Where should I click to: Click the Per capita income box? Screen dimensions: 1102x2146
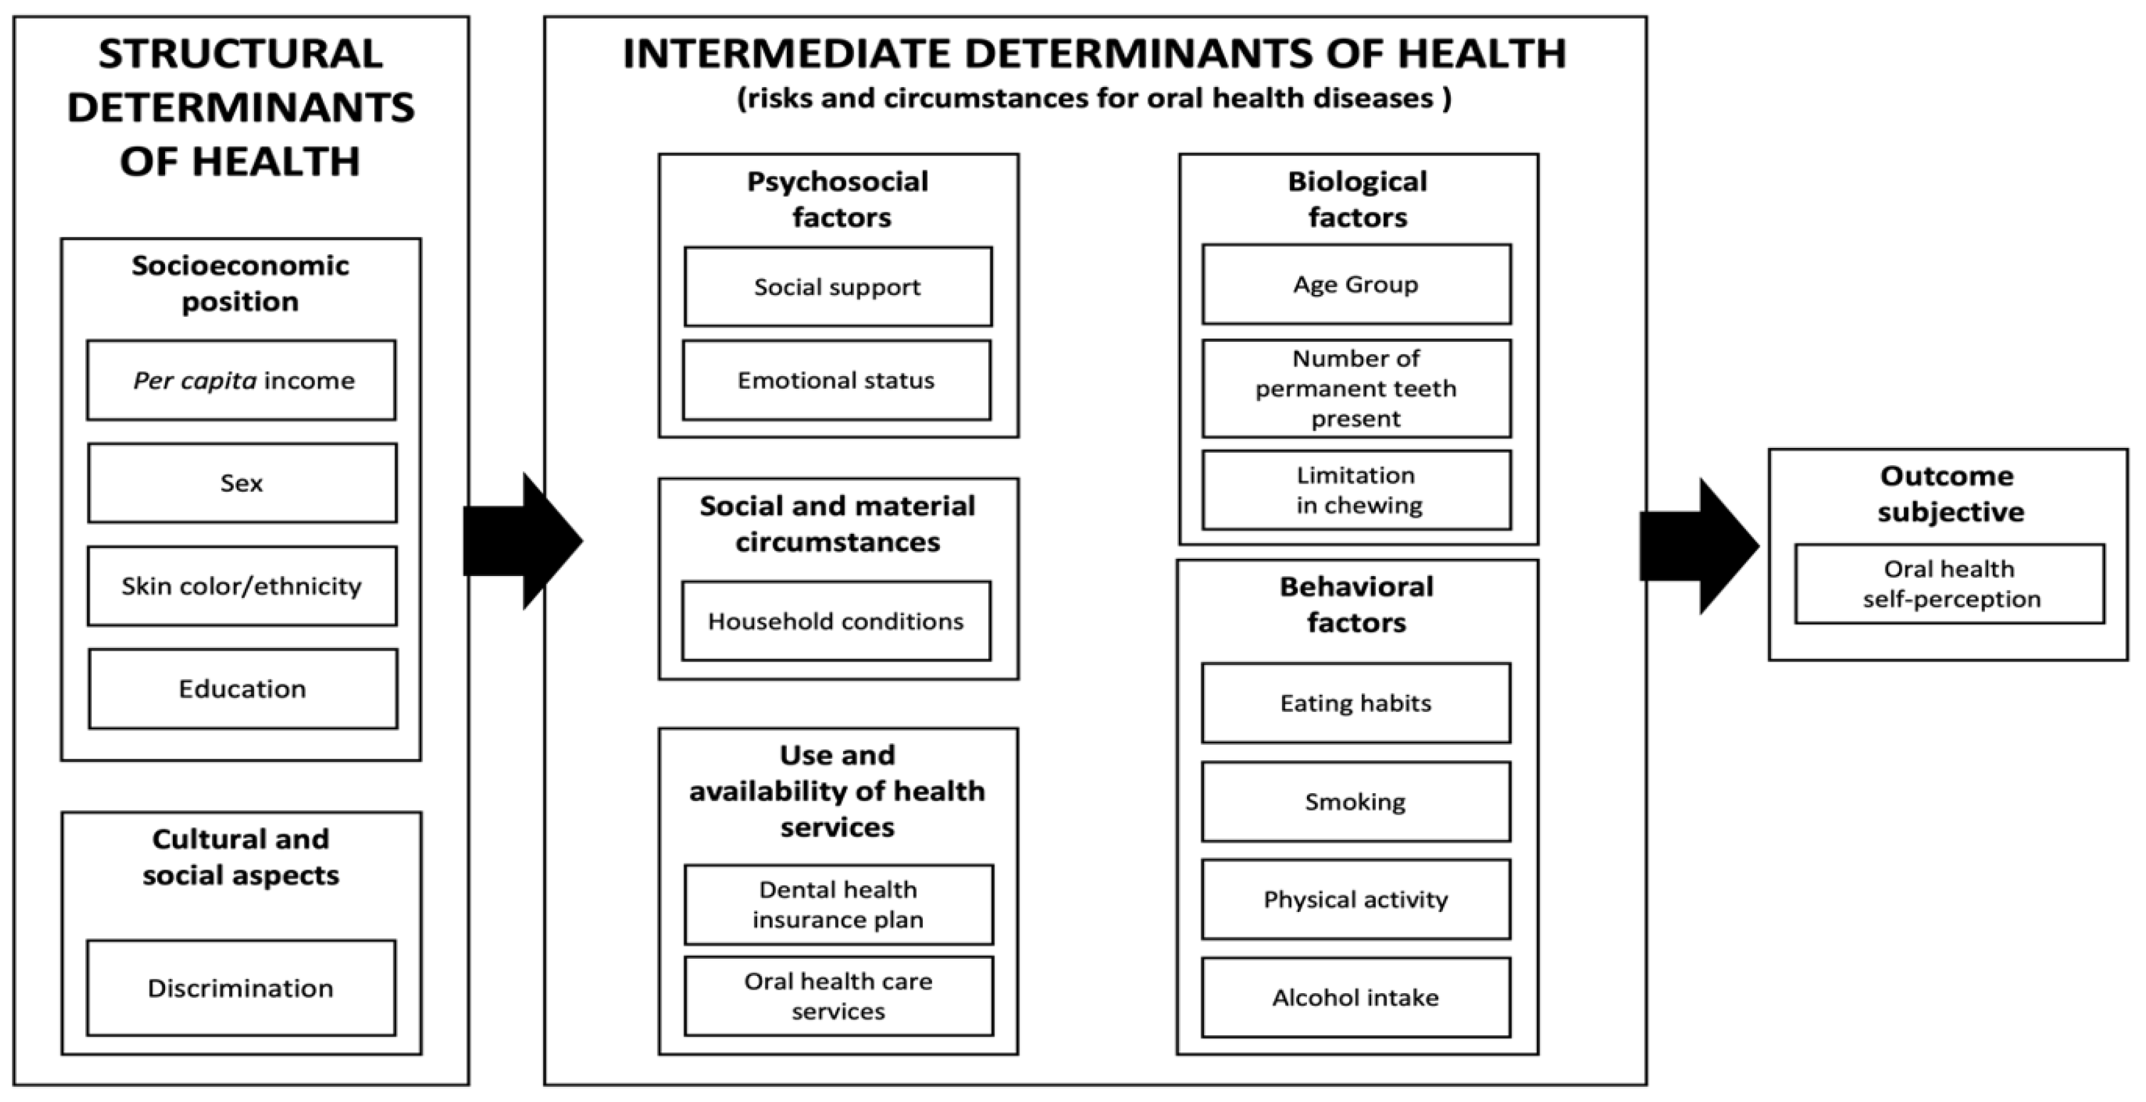(242, 380)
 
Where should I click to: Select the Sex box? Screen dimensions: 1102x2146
(242, 483)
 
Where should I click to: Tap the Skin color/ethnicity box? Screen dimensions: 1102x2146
(242, 585)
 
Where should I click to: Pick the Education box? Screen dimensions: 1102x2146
(242, 689)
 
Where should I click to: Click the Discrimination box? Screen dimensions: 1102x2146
(241, 988)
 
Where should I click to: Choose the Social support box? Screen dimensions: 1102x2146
(838, 286)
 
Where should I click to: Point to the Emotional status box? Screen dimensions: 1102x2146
(836, 380)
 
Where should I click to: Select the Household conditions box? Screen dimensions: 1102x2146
(836, 620)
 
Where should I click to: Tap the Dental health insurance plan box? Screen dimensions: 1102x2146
(838, 905)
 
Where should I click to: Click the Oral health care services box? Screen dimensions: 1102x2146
(838, 996)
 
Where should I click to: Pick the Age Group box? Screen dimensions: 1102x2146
(1357, 284)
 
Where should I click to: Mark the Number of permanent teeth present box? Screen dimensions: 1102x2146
(1357, 388)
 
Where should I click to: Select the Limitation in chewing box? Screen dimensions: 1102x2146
(1357, 490)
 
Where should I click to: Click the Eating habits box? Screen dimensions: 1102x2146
(1355, 703)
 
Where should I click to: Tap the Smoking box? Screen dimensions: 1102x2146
(1355, 801)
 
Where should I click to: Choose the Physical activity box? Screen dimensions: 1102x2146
(1355, 899)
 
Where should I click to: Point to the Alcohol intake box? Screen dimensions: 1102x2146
(1355, 997)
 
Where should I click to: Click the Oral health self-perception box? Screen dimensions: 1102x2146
(1950, 584)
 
